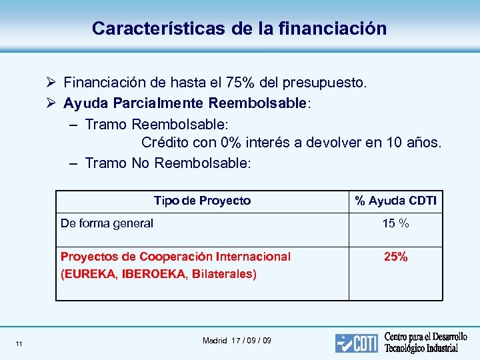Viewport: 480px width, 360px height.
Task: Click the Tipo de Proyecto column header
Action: tap(202, 201)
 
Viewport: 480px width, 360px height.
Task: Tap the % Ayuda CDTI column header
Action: tap(395, 201)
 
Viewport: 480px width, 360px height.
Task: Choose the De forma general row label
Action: tap(107, 223)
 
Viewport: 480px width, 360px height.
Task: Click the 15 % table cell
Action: tap(395, 223)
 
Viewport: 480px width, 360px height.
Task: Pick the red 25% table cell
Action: tap(395, 257)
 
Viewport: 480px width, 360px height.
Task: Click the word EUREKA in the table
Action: tap(88, 274)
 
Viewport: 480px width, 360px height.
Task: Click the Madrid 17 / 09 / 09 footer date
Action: tap(237, 341)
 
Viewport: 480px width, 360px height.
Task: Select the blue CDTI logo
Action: tap(356, 343)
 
